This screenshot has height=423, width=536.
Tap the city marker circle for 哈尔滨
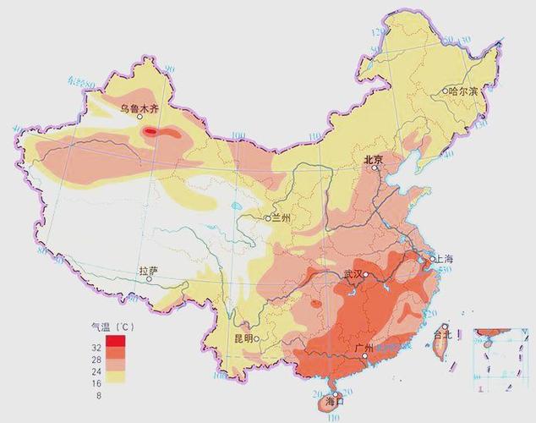(445, 91)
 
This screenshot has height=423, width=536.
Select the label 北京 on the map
(373, 159)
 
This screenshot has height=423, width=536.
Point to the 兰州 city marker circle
(268, 218)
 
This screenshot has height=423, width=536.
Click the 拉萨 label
(148, 271)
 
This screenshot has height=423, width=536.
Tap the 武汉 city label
(352, 274)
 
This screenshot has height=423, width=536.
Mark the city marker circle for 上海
(429, 258)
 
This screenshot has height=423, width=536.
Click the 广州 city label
(353, 348)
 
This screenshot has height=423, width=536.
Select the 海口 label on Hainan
(336, 402)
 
